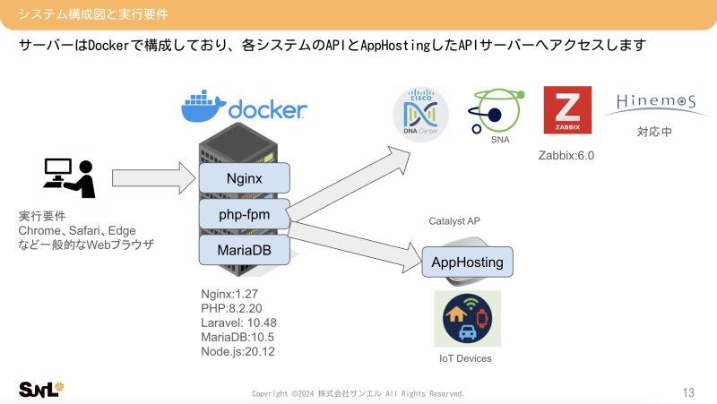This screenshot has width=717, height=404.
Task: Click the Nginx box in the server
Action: tap(245, 178)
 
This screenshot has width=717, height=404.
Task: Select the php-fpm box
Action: tap(245, 215)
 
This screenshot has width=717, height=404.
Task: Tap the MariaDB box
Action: tap(245, 250)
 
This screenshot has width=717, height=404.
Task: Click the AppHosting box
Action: tap(467, 263)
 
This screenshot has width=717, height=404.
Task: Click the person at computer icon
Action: tap(69, 178)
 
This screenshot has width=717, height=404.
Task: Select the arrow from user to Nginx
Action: tap(151, 178)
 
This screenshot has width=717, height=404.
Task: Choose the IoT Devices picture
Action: tap(467, 318)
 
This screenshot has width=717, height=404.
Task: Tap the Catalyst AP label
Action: tap(459, 220)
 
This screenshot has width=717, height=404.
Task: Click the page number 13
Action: tap(688, 391)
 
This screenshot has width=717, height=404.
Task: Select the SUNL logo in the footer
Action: tap(41, 389)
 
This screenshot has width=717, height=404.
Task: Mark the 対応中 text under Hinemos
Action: tap(654, 132)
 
